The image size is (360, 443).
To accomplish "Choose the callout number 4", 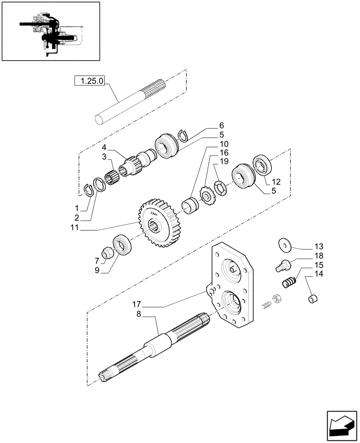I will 103,147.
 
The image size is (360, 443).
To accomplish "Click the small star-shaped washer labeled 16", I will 206,194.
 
